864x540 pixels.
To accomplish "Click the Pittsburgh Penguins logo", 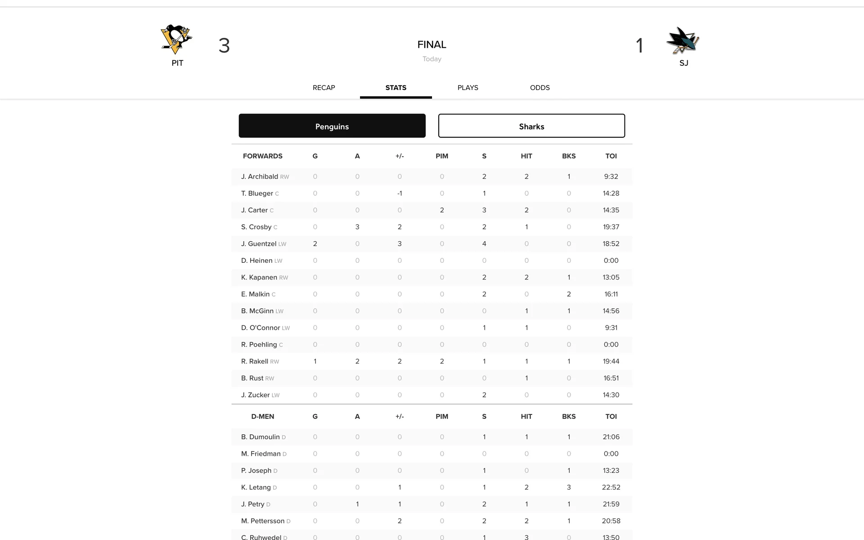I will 176,39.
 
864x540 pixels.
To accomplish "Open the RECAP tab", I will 324,88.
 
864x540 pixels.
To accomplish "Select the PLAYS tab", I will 468,88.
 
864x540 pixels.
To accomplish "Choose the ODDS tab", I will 540,88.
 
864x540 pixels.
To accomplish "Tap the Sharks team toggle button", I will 531,126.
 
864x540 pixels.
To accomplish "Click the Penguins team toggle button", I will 332,126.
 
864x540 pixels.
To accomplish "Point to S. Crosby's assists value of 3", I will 357,227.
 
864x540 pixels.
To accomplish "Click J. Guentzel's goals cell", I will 315,244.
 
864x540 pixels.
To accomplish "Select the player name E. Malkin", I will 255,294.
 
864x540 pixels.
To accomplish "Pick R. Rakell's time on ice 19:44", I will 611,361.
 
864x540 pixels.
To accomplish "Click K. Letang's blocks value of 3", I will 569,487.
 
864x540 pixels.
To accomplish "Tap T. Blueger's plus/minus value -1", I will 400,193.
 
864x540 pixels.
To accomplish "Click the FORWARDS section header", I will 263,156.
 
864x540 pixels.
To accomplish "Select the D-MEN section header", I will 263,417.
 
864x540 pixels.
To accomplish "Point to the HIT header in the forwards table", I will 526,156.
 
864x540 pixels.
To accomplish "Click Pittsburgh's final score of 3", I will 224,45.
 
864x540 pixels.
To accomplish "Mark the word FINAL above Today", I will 432,45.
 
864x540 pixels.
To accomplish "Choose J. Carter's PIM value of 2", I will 442,210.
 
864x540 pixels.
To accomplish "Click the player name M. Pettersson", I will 263,521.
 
